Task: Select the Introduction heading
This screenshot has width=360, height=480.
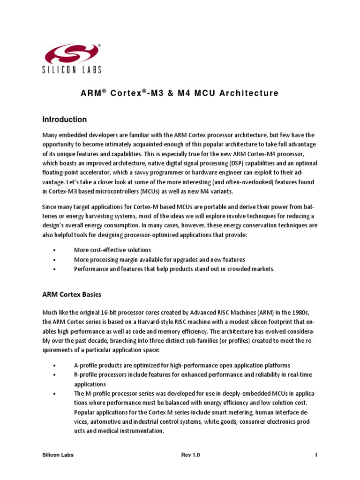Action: [64, 120]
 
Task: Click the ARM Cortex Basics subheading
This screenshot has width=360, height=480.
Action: [71, 294]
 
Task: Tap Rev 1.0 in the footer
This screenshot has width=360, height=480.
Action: [190, 455]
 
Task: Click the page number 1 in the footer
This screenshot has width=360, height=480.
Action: [316, 455]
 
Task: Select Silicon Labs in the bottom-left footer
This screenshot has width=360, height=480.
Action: [58, 455]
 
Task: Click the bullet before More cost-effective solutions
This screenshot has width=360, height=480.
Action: [55, 250]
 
